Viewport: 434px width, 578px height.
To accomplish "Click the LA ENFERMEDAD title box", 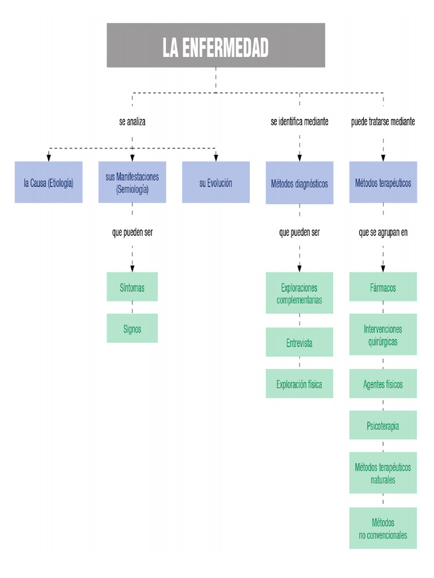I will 216,45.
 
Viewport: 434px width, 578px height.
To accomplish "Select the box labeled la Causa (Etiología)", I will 49,182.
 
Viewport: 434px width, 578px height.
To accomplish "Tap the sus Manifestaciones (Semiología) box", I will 132,182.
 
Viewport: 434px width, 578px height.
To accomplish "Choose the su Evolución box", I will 215,182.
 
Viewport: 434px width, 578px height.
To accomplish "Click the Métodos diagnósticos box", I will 300,183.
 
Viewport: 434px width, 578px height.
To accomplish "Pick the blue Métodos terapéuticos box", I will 383,182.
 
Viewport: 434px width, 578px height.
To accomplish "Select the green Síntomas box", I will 132,287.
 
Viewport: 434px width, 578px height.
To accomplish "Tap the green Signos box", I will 132,329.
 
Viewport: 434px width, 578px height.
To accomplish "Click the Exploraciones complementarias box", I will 300,293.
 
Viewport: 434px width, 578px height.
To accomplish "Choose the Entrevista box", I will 300,343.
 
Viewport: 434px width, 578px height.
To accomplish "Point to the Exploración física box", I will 300,384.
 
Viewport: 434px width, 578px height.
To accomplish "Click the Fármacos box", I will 383,287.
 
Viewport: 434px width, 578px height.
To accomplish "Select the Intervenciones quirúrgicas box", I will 383,335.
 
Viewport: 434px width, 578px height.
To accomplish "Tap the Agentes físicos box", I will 383,384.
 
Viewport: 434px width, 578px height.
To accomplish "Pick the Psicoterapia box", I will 383,426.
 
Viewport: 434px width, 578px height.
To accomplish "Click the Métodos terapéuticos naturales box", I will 383,473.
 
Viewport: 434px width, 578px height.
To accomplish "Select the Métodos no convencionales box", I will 383,528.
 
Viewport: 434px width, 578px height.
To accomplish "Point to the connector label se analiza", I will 132,121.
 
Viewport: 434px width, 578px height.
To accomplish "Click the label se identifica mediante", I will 300,121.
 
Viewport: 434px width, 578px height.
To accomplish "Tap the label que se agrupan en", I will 383,233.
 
